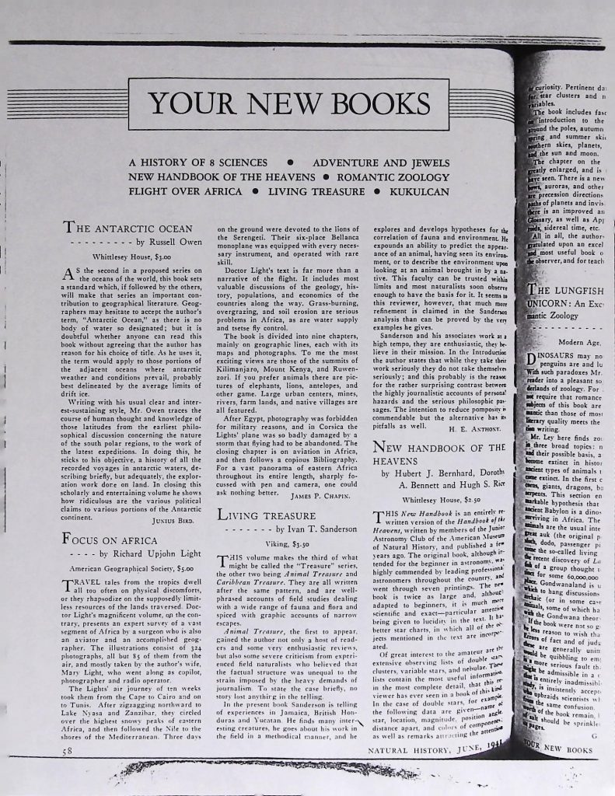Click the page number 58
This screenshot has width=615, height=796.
68,752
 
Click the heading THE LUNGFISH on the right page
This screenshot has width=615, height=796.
565,289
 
